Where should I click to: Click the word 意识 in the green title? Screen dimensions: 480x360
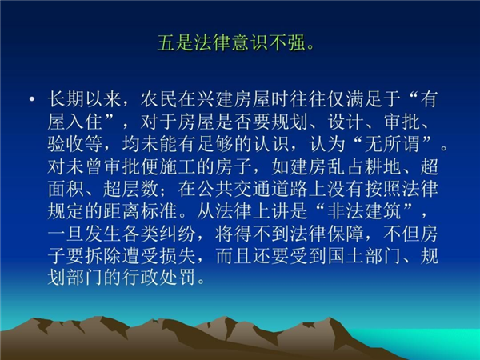(x=250, y=42)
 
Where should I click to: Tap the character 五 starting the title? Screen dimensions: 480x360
(x=166, y=42)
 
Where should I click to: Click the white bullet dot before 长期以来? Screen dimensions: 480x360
(x=32, y=99)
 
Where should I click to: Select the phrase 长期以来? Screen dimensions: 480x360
(x=85, y=99)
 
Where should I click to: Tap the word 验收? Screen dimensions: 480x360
(x=66, y=144)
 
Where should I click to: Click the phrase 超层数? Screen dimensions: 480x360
(x=131, y=189)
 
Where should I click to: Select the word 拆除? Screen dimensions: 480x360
(x=103, y=256)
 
